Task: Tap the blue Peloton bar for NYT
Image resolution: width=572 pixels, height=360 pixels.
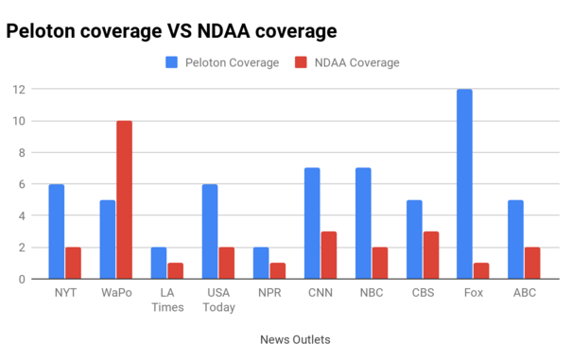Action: coord(57,231)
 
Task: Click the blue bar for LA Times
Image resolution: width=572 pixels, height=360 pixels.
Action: coord(159,264)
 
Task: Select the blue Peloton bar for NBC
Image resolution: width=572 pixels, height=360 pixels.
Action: coord(362,224)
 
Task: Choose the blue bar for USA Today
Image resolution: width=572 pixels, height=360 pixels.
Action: coord(210,231)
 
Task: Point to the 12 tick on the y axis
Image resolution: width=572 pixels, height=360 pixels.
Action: coord(18,90)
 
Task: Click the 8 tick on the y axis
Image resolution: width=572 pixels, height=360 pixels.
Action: coord(21,153)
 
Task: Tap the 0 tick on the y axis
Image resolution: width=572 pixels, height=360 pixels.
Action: coord(21,280)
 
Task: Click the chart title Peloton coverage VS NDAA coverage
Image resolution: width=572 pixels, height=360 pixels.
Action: coord(171,31)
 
